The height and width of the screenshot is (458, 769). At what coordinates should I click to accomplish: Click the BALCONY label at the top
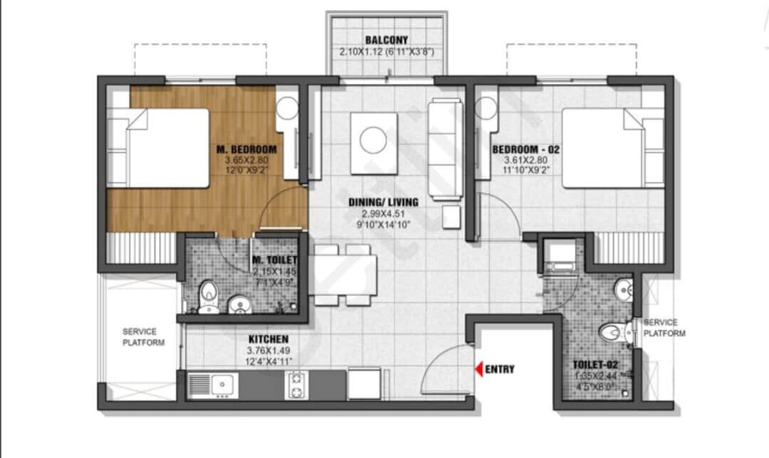pyautogui.click(x=386, y=40)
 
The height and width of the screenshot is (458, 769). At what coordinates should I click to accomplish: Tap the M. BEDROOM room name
pyautogui.click(x=246, y=149)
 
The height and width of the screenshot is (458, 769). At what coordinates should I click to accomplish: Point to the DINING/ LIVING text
pyautogui.click(x=384, y=202)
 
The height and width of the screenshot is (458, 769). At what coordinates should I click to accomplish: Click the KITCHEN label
pyautogui.click(x=268, y=339)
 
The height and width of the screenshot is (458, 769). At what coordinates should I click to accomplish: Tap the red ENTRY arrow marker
pyautogui.click(x=479, y=369)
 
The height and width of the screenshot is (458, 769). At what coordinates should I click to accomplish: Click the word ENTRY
pyautogui.click(x=500, y=369)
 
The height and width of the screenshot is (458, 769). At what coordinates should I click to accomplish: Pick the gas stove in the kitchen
pyautogui.click(x=296, y=385)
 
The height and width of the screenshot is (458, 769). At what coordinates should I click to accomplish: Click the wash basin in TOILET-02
pyautogui.click(x=624, y=290)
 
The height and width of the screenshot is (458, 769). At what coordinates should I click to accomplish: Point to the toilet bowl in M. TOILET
pyautogui.click(x=209, y=292)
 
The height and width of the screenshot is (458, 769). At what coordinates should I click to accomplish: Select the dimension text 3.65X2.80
pyautogui.click(x=246, y=160)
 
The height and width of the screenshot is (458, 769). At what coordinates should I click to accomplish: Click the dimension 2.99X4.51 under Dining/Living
pyautogui.click(x=384, y=213)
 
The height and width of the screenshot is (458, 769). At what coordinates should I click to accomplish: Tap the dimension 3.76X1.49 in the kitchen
pyautogui.click(x=268, y=350)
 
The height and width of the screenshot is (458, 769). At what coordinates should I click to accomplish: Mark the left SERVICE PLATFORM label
pyautogui.click(x=140, y=337)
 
